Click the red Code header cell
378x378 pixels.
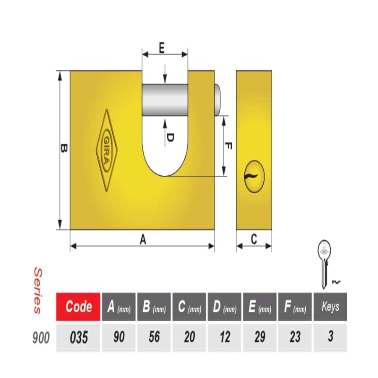pos(78,307)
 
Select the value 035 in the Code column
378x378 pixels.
pos(79,337)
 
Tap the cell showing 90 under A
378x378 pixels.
pos(119,337)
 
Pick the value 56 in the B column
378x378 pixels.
pos(154,337)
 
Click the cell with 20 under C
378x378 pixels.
pos(189,337)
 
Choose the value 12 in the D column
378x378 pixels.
pos(225,337)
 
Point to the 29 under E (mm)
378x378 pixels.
pos(259,337)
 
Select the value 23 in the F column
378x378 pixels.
pos(295,337)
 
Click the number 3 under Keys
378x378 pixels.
pos(330,336)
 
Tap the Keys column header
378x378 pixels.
pos(330,307)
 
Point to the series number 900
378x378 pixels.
pos(41,337)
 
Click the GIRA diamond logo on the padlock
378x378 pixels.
pos(107,150)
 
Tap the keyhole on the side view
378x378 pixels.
pos(254,176)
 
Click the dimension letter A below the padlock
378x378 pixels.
pos(143,240)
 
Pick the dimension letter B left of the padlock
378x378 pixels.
pos(64,148)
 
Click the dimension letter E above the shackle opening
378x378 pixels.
pos(162,48)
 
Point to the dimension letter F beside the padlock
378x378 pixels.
pos(228,146)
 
